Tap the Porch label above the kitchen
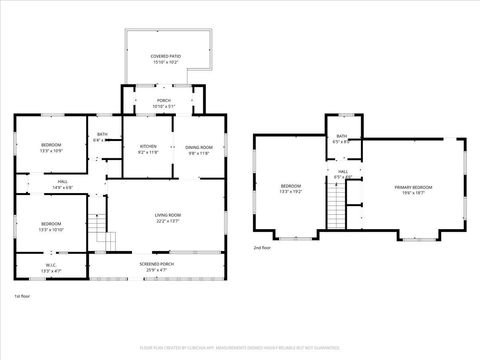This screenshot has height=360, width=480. [x=163, y=101]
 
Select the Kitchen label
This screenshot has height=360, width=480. [x=147, y=147]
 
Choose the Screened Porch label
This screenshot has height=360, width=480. [x=155, y=264]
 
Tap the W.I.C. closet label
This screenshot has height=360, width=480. [x=51, y=265]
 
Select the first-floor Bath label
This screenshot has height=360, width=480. [x=102, y=135]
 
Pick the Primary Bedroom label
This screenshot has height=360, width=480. [x=414, y=187]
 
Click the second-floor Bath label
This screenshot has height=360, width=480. [x=342, y=137]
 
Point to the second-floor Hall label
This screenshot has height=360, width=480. [x=342, y=172]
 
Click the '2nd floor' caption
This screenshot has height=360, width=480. [x=262, y=247]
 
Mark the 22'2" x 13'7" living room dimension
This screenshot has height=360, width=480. [x=167, y=221]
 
